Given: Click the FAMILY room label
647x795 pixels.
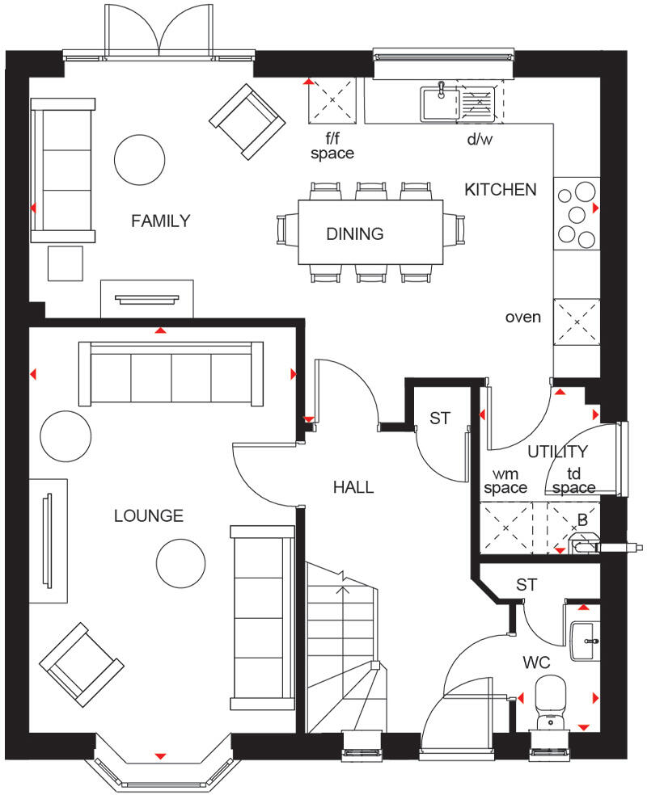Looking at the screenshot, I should click(160, 220).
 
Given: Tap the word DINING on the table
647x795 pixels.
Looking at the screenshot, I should click(354, 234).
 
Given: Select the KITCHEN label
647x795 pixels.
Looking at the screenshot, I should click(500, 190).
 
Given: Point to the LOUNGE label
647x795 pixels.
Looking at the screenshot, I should click(148, 515).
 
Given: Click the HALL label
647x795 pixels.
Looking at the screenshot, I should click(353, 487).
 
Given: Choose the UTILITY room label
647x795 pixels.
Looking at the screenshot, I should click(557, 452).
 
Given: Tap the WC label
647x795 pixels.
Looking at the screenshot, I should click(535, 662).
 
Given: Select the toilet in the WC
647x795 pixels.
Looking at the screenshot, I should click(553, 701).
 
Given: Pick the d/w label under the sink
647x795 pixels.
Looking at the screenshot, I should click(479, 140).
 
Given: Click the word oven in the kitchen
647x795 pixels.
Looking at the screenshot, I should click(522, 317).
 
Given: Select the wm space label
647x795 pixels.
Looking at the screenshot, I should click(505, 481).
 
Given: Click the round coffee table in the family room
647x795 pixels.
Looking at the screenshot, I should click(137, 158).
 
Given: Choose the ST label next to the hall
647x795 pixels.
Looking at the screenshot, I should click(439, 419).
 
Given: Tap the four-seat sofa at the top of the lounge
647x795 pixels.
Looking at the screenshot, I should click(171, 373).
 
